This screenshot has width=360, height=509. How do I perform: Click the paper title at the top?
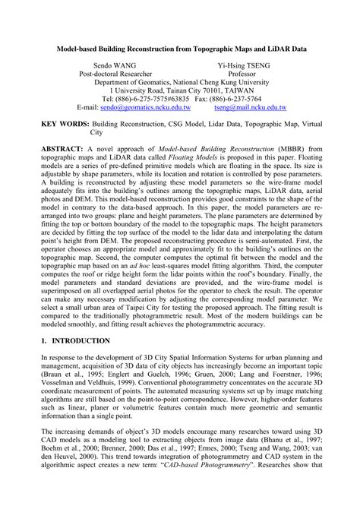[179, 46]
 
